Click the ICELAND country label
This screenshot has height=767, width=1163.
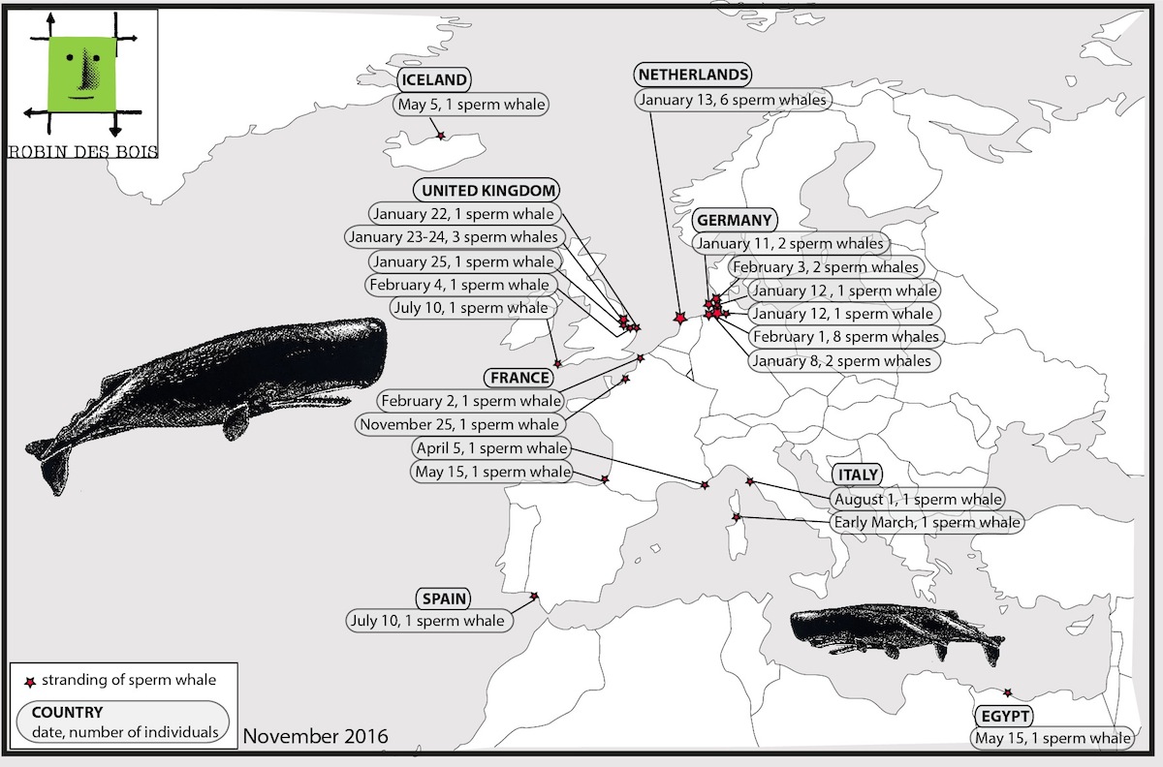(434, 79)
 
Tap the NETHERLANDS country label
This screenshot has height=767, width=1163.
(693, 75)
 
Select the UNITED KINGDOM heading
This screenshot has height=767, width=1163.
(487, 191)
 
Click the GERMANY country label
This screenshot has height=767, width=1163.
(735, 220)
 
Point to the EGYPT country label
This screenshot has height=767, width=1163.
(1005, 716)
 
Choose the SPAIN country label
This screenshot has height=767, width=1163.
(444, 598)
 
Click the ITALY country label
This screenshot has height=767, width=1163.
(858, 475)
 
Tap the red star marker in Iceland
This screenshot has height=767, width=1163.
(441, 136)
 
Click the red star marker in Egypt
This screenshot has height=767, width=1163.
(1007, 692)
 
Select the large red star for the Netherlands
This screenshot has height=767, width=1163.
(679, 317)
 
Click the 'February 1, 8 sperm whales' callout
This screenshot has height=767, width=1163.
(846, 337)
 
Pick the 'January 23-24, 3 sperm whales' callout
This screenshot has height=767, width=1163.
(454, 237)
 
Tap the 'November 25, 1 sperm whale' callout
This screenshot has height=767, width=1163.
(459, 424)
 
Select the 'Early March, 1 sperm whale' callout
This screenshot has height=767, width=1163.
(927, 522)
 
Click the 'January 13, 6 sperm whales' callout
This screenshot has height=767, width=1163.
(733, 100)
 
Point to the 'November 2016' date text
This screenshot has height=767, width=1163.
(316, 736)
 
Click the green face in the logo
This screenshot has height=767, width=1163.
(81, 75)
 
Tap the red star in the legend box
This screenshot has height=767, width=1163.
(31, 683)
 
